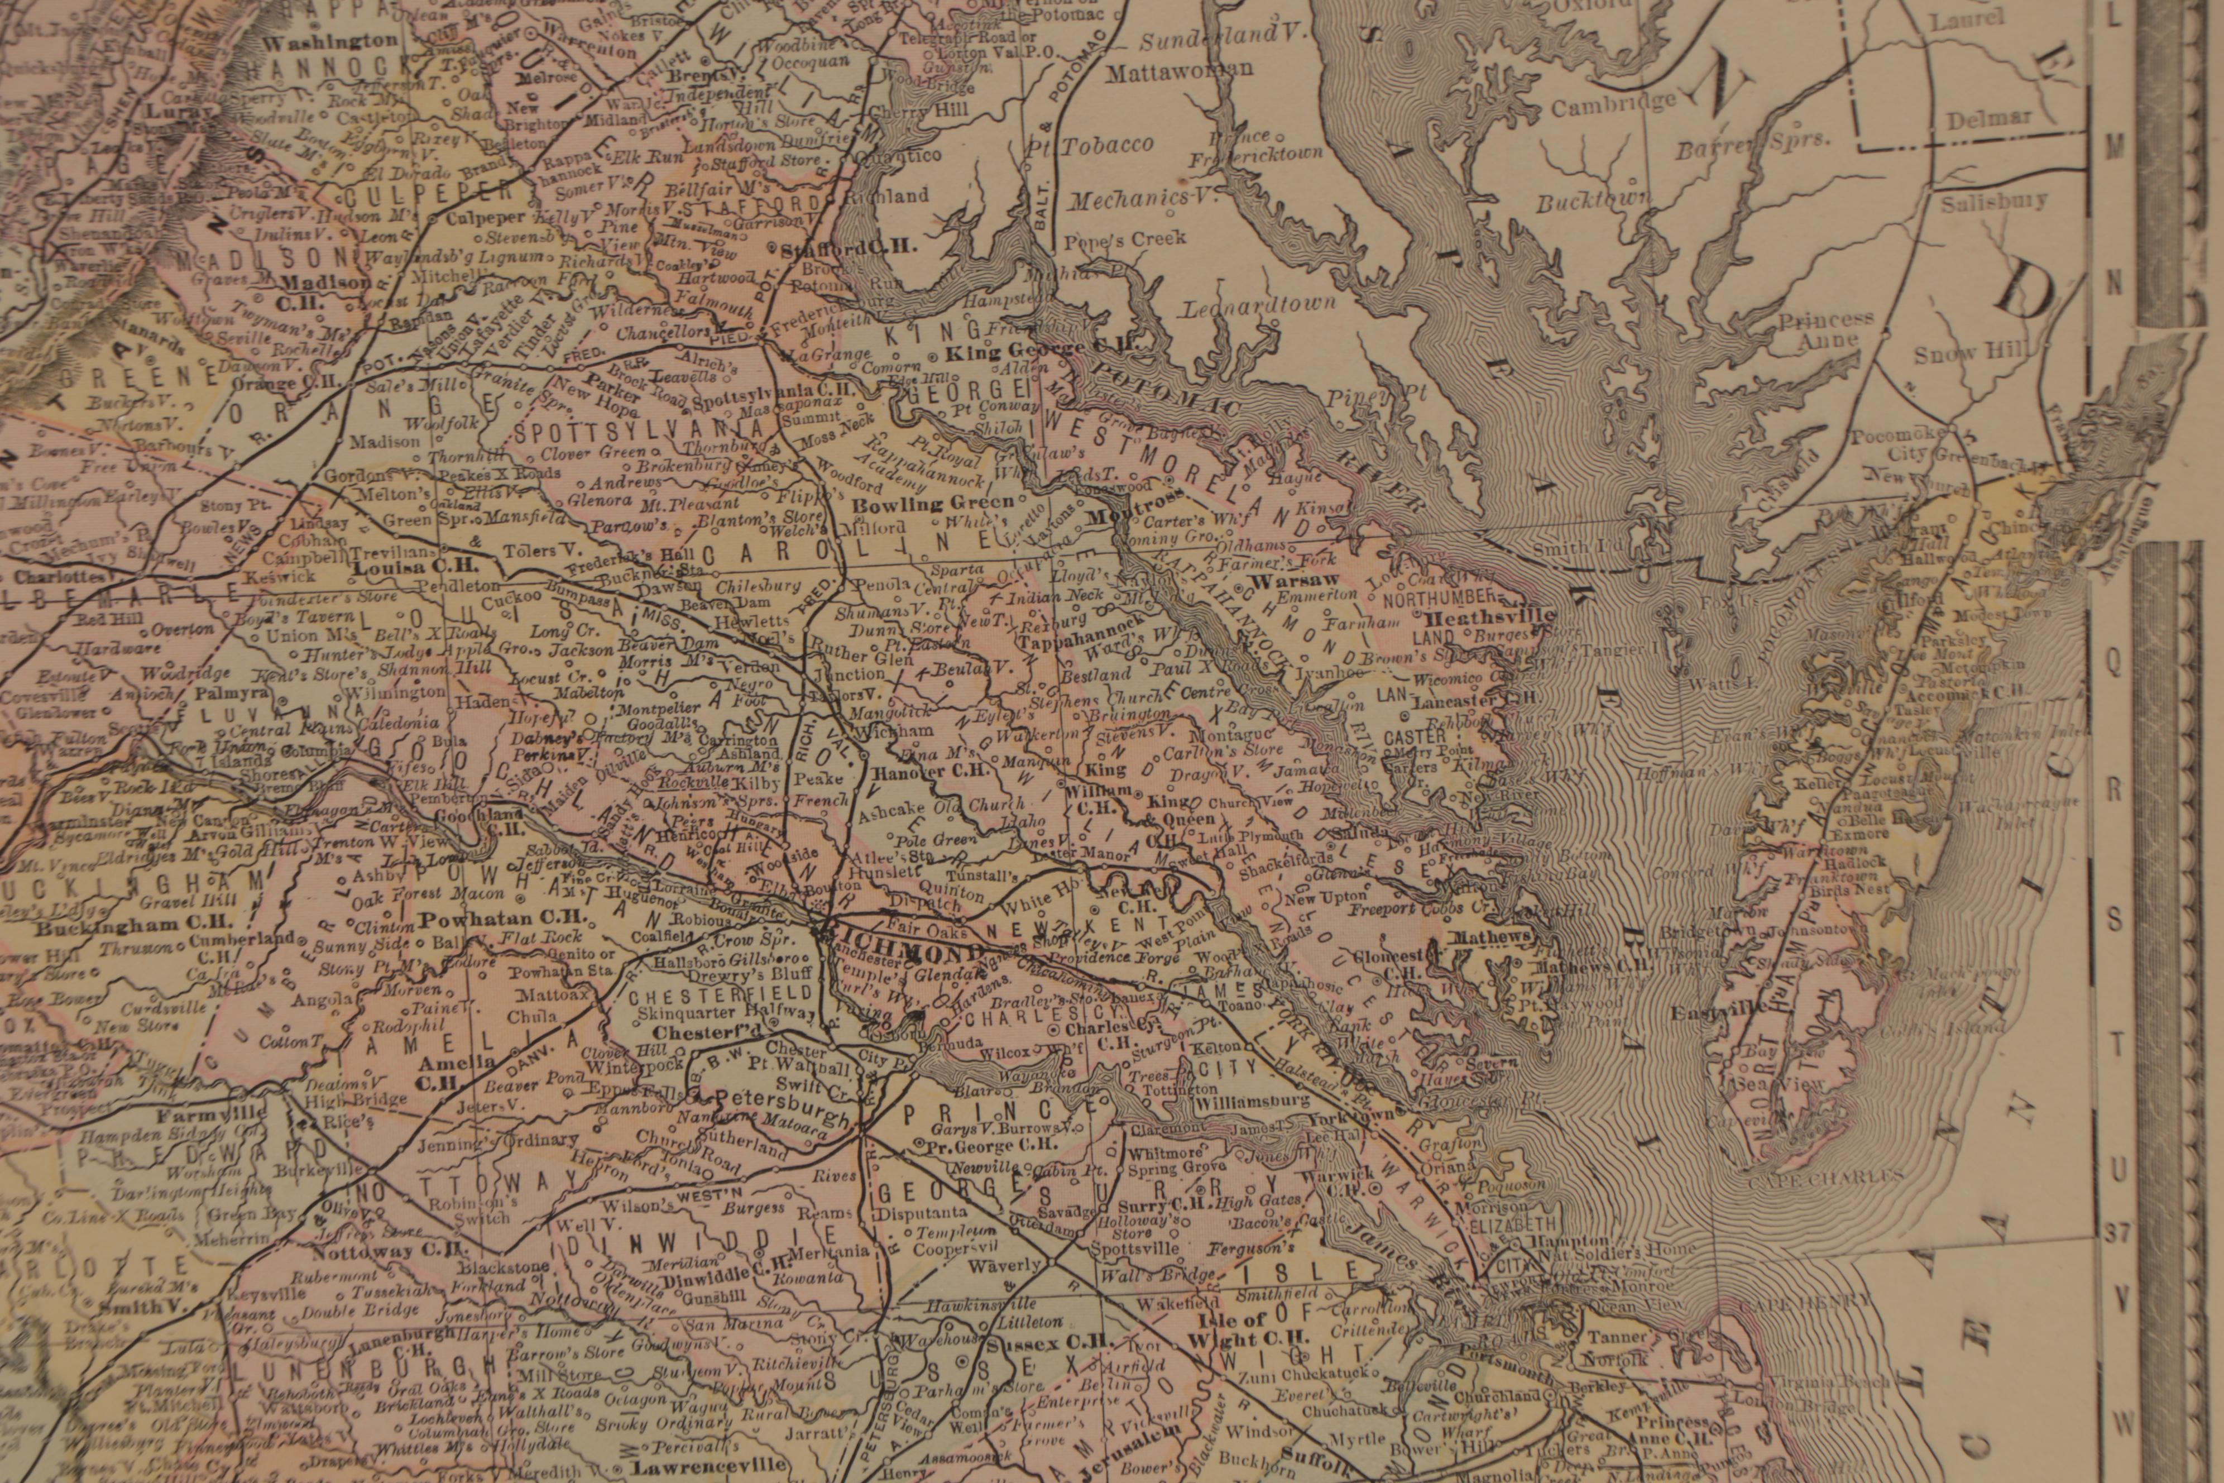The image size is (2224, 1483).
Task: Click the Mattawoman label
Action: (x=1179, y=69)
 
